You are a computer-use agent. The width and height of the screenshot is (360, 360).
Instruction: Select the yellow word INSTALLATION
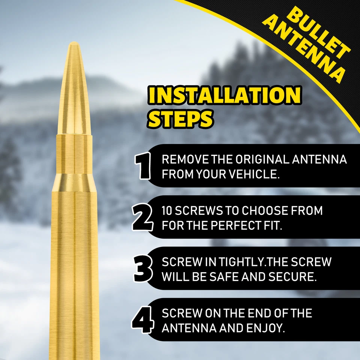tap(224, 96)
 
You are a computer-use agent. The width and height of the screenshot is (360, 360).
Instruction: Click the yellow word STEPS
tap(180, 118)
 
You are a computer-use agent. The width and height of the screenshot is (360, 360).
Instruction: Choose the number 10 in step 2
tap(168, 211)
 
